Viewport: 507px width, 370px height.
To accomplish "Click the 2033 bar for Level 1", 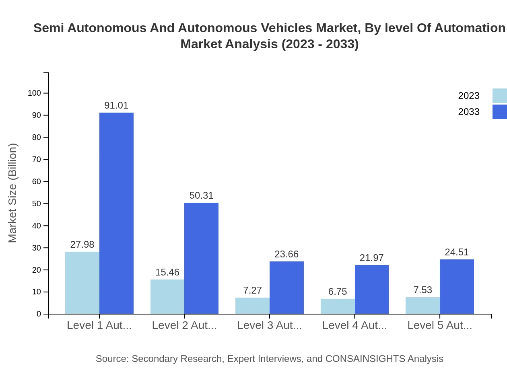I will (116, 213).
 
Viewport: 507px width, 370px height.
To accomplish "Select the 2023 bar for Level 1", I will (82, 283).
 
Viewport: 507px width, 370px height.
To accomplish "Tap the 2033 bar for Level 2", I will (201, 258).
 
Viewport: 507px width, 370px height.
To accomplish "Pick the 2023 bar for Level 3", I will (252, 306).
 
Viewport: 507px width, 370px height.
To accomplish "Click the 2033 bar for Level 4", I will (371, 290).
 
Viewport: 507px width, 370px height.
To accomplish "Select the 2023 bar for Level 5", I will (422, 305).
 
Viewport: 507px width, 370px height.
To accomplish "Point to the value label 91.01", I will (116, 105).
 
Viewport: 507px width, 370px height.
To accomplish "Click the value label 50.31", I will (201, 195).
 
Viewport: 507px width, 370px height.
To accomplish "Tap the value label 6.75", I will (337, 292).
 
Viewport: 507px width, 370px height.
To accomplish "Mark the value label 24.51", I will (457, 252).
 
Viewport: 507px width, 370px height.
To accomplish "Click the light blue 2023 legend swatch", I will (499, 96).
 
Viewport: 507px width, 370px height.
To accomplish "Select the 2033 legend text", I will (469, 112).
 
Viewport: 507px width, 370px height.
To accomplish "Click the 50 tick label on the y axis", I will (37, 203).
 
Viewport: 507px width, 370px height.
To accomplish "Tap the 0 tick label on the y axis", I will (39, 314).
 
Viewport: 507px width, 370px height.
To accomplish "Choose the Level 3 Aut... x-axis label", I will (269, 325).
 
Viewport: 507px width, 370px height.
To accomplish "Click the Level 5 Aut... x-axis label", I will (439, 325).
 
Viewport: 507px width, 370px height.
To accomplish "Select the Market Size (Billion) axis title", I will (13, 193).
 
